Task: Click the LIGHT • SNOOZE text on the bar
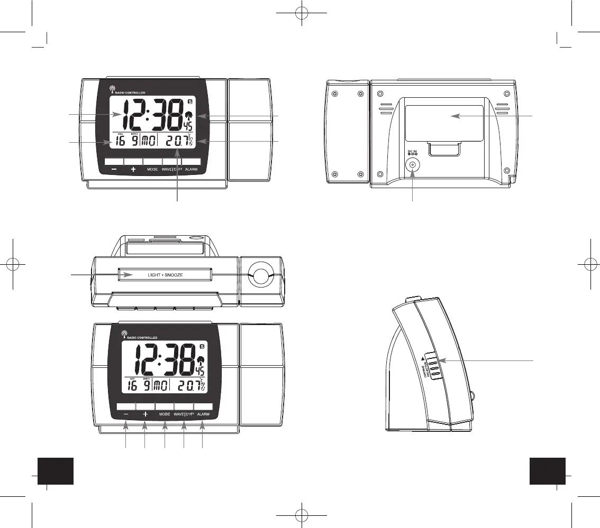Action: click(x=165, y=275)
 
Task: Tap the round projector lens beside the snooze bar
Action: click(x=260, y=276)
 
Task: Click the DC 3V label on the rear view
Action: click(x=413, y=152)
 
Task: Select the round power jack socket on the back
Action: click(x=412, y=165)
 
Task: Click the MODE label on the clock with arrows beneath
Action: click(x=165, y=415)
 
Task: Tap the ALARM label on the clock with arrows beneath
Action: click(x=203, y=415)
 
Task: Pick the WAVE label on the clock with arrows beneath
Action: click(x=178, y=415)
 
